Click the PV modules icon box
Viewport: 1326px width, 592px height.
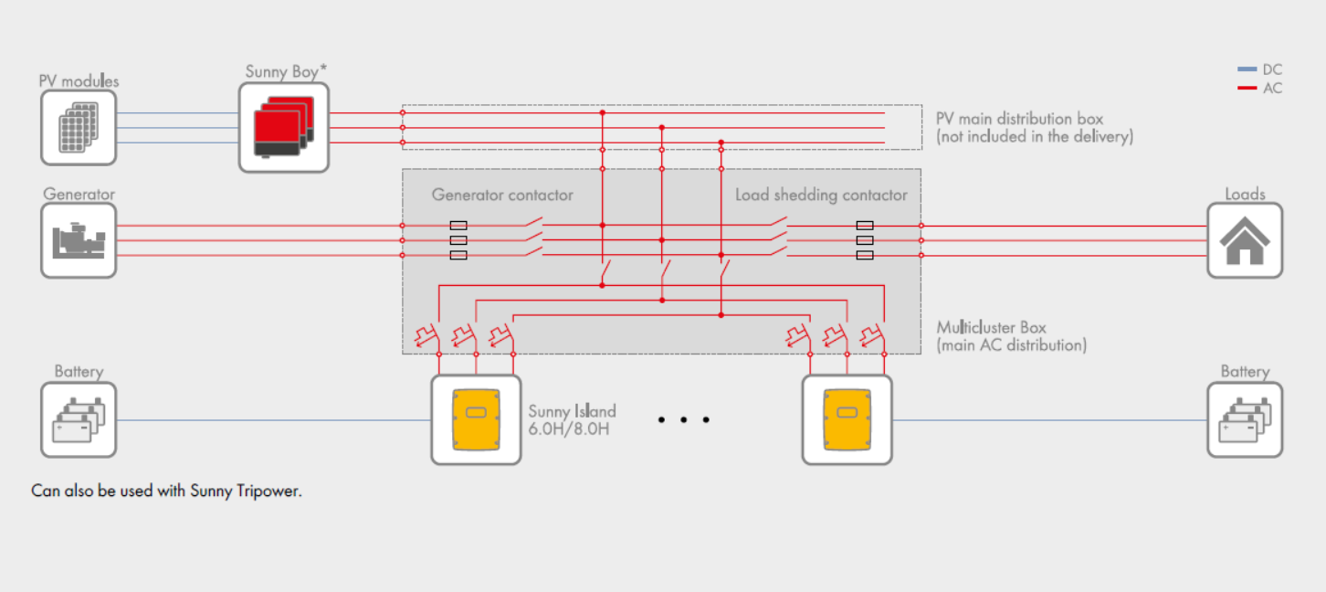pyautogui.click(x=79, y=127)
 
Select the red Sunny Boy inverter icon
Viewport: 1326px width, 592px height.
pyautogui.click(x=283, y=127)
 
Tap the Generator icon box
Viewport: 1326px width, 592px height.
pyautogui.click(x=79, y=240)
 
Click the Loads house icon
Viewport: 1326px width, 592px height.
pyautogui.click(x=1245, y=240)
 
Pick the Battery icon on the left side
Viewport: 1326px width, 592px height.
pyautogui.click(x=79, y=419)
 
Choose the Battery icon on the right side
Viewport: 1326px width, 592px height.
pyautogui.click(x=1245, y=419)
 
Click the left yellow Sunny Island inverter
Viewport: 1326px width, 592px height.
pyautogui.click(x=476, y=419)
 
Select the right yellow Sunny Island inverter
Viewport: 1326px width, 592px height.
pyautogui.click(x=847, y=419)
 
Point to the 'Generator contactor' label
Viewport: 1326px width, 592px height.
pyautogui.click(x=502, y=195)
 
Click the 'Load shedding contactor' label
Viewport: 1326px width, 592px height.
pyautogui.click(x=821, y=195)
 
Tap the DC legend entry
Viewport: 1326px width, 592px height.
pyautogui.click(x=1260, y=69)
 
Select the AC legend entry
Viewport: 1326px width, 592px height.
pyautogui.click(x=1260, y=89)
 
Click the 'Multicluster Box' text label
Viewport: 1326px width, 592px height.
pyautogui.click(x=992, y=327)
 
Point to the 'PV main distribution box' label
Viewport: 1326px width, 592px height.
pyautogui.click(x=1019, y=119)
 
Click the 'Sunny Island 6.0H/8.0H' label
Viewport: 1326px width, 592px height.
pyautogui.click(x=572, y=419)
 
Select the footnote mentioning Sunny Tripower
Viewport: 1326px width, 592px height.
pyautogui.click(x=166, y=491)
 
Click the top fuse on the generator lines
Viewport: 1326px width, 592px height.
pyautogui.click(x=459, y=225)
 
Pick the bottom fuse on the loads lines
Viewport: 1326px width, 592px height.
pyautogui.click(x=864, y=255)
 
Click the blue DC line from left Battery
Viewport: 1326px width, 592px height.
pyautogui.click(x=274, y=420)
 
